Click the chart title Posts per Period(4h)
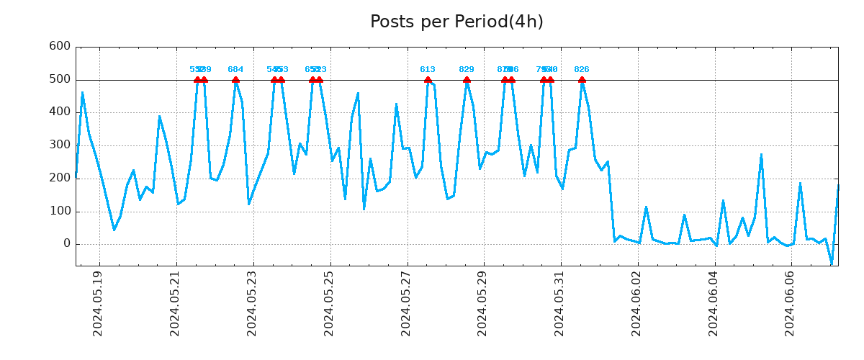[x=456, y=22]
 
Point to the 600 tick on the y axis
[x=59, y=47]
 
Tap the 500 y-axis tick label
[x=59, y=79]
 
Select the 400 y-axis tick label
[x=59, y=112]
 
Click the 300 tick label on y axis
[x=59, y=145]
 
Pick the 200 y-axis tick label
[x=59, y=179]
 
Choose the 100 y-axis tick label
[x=59, y=212]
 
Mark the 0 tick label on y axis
[x=66, y=244]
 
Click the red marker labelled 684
[x=235, y=80]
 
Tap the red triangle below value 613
[x=428, y=80]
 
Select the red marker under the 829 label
[x=467, y=80]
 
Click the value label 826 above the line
[x=582, y=70]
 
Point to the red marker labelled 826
[x=582, y=80]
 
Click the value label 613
[x=428, y=70]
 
